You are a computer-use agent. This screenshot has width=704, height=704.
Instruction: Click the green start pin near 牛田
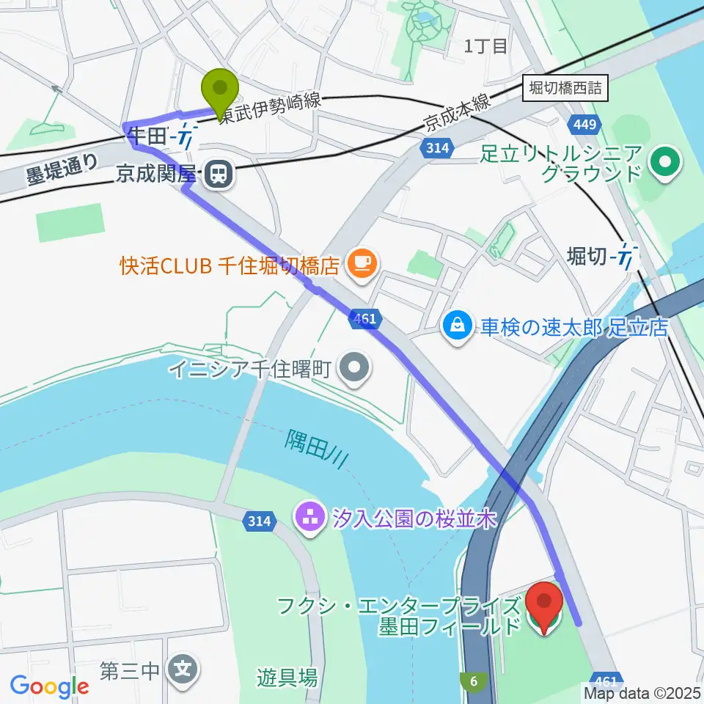tap(221, 92)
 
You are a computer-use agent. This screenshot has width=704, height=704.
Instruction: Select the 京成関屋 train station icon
tap(216, 174)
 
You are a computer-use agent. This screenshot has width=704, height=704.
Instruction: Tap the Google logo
tap(50, 686)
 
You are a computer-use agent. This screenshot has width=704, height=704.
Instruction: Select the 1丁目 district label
tap(485, 46)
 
